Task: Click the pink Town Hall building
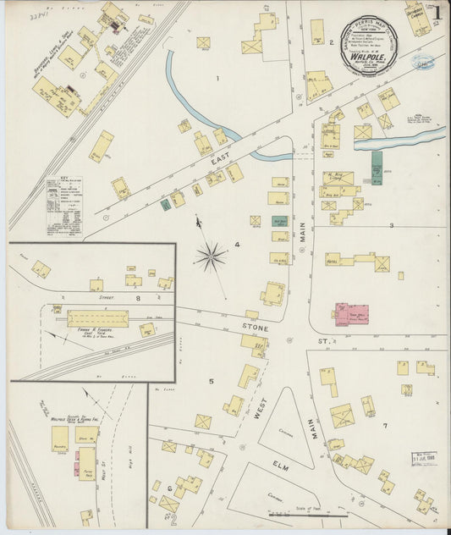click(352, 313)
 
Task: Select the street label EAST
click(221, 158)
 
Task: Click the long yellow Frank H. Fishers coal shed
click(97, 318)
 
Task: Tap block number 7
click(384, 426)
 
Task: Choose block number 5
click(212, 382)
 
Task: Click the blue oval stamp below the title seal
click(422, 61)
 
